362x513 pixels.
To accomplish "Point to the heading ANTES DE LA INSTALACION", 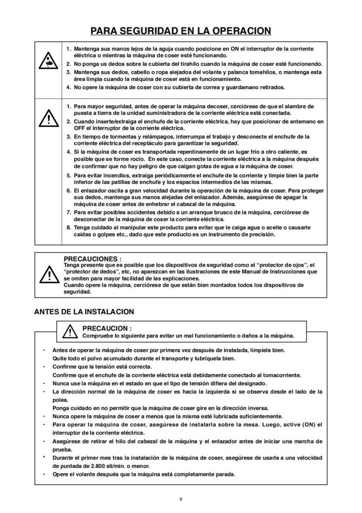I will coord(83,311).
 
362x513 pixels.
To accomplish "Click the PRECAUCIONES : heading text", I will coord(92,259).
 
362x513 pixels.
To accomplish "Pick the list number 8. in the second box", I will coord(69,227).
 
